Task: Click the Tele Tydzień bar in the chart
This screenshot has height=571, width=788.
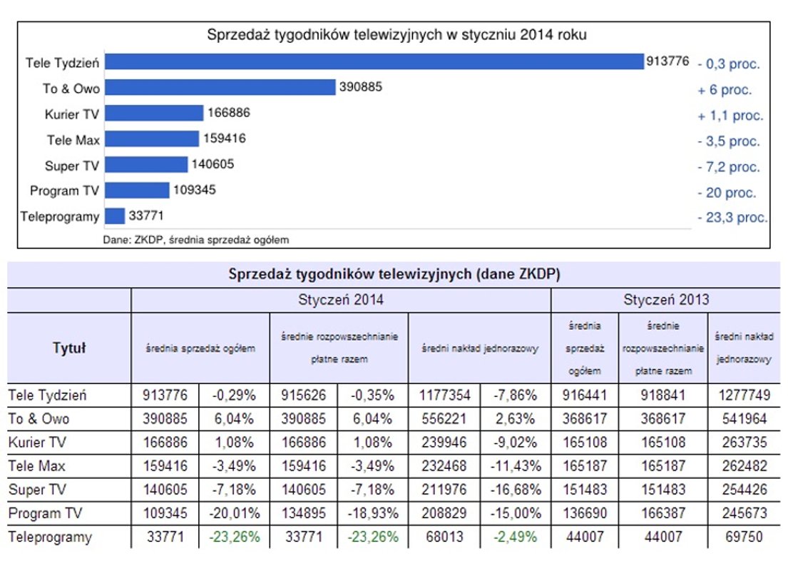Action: click(x=374, y=62)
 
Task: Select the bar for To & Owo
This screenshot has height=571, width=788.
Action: click(x=220, y=87)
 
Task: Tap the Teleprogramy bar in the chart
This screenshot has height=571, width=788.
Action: click(x=115, y=216)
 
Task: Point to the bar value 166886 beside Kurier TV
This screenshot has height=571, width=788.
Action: click(x=229, y=113)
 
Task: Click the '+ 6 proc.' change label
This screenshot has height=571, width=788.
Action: click(x=725, y=90)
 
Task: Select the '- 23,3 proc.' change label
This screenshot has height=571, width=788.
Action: click(x=732, y=218)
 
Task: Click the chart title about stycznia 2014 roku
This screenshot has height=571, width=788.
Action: click(x=396, y=34)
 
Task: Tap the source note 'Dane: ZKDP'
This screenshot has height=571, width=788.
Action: click(x=196, y=240)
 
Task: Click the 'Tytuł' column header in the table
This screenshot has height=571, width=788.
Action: click(x=69, y=348)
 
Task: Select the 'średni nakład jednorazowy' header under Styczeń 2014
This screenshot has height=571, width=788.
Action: click(x=480, y=348)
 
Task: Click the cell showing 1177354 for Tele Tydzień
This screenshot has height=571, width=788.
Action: click(x=445, y=395)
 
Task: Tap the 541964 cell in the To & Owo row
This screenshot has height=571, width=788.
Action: click(x=743, y=418)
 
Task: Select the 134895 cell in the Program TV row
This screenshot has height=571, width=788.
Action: click(x=305, y=513)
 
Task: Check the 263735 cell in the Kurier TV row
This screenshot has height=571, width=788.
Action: click(x=743, y=443)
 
